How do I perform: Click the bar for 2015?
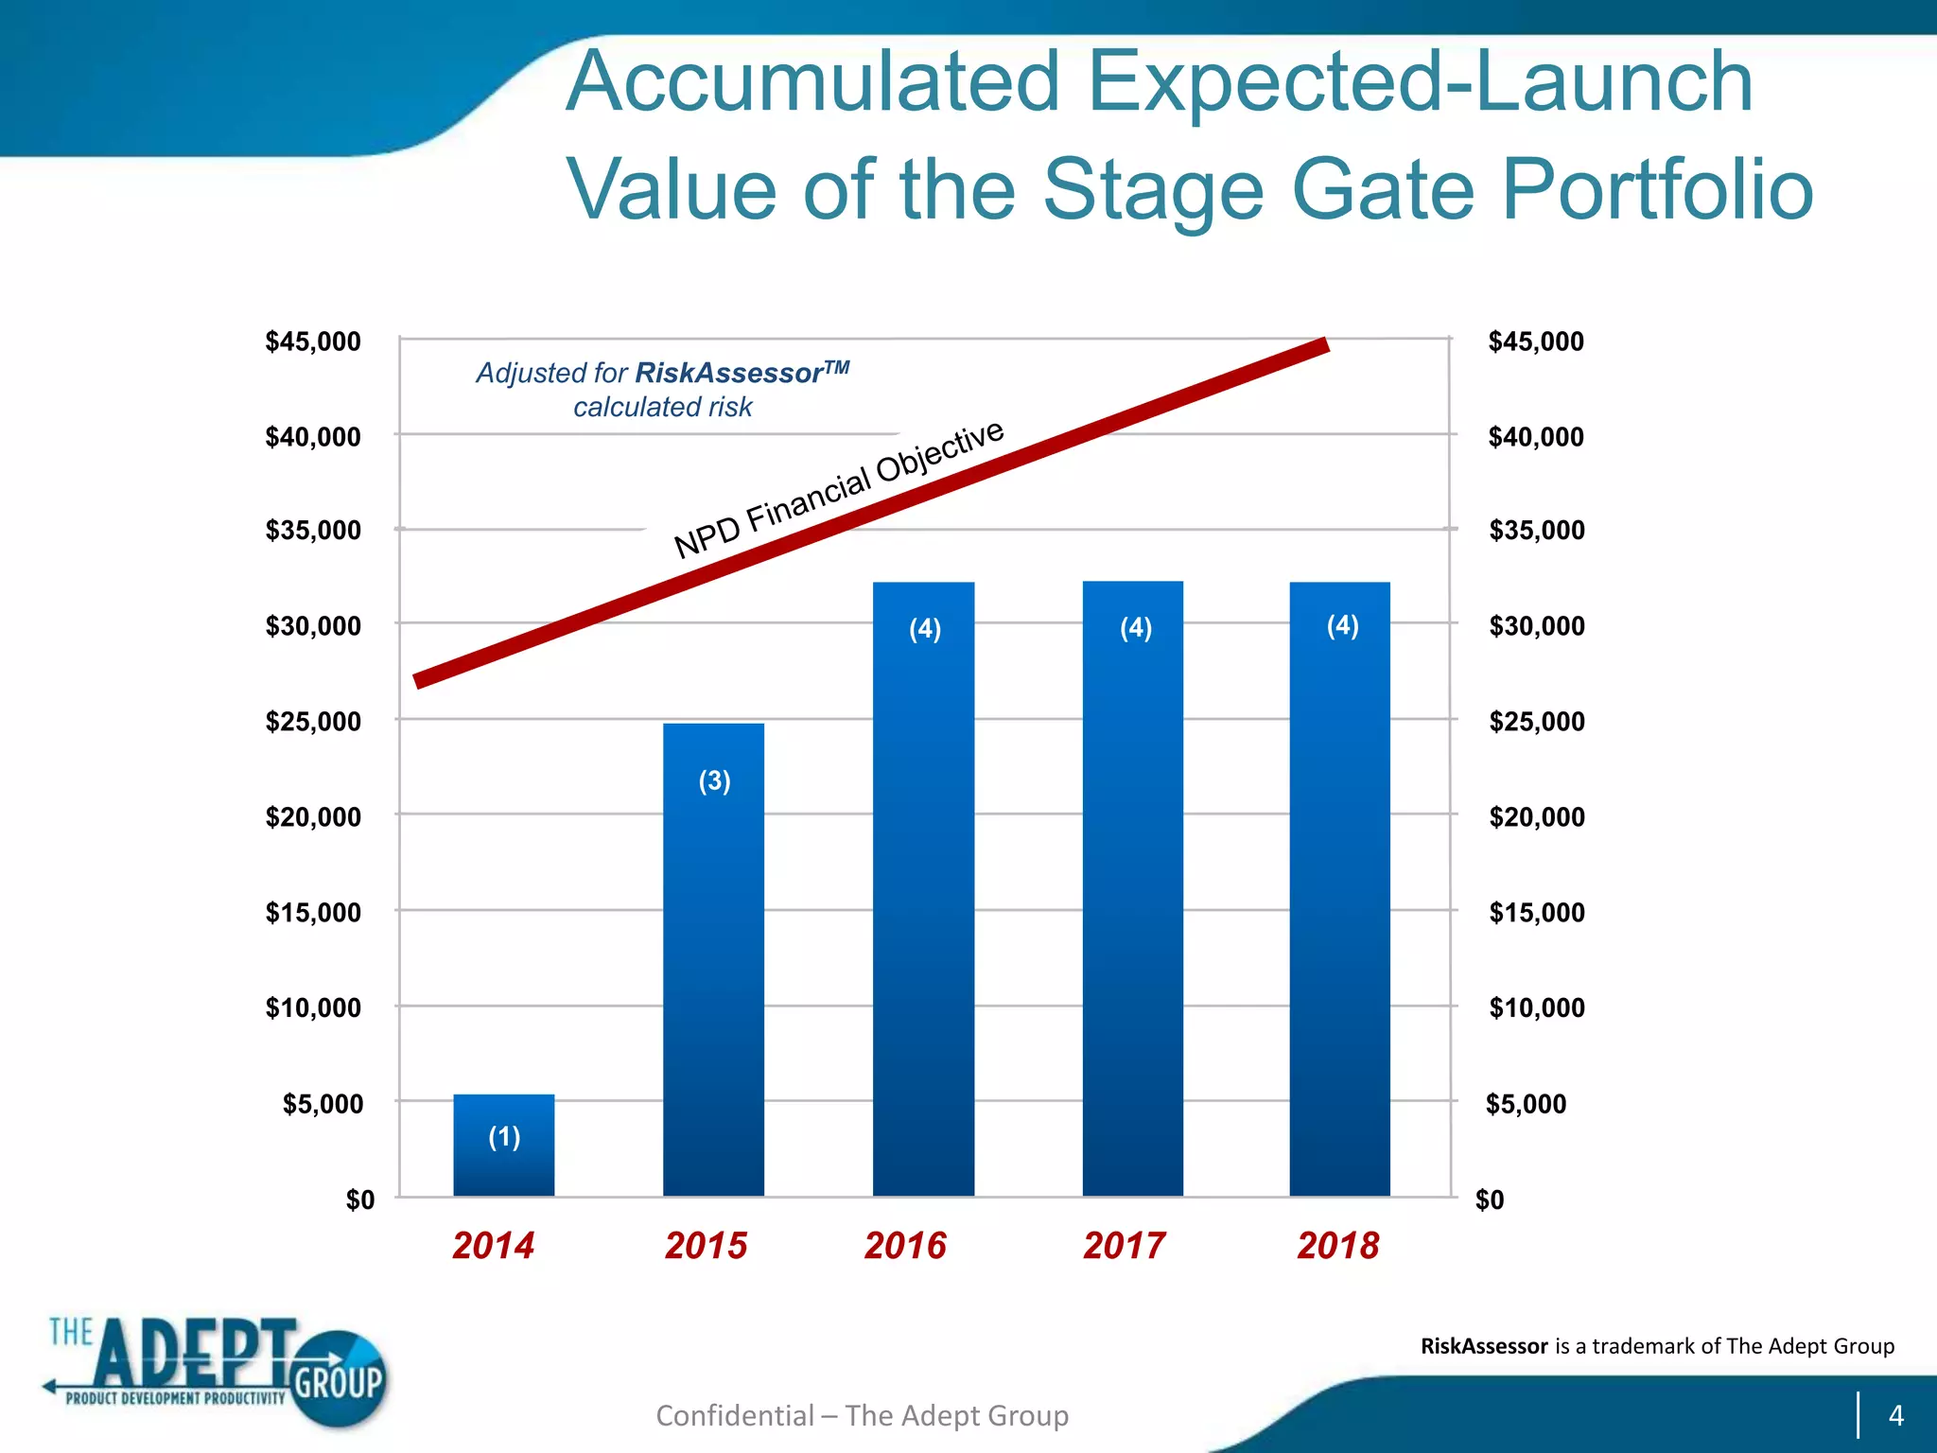point(713,959)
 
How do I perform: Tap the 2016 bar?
point(923,889)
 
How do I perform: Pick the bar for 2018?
point(1339,889)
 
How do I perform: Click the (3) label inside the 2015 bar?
point(714,781)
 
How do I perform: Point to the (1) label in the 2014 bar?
point(504,1136)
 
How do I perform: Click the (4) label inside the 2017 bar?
point(1135,628)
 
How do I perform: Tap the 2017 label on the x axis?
point(1124,1245)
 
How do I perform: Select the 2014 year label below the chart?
point(493,1245)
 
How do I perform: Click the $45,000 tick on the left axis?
point(313,341)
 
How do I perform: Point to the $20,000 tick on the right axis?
point(1536,816)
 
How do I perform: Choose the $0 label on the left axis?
point(359,1199)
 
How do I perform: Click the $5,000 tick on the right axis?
point(1526,1103)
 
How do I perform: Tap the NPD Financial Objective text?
point(838,489)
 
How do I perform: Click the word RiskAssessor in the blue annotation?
point(728,373)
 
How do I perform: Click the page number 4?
point(1895,1415)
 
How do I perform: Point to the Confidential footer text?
point(862,1415)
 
